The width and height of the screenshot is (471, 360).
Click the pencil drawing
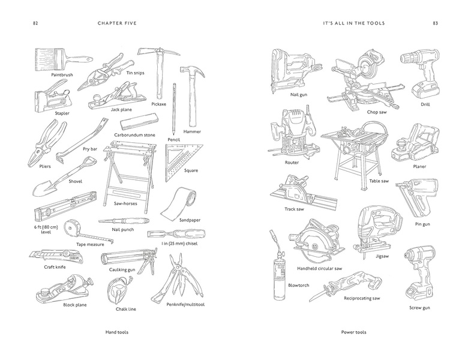pyautogui.click(x=173, y=108)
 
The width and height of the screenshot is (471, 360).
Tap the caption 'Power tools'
pyautogui.click(x=353, y=332)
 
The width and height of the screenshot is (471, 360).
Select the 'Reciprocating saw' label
pyautogui.click(x=362, y=298)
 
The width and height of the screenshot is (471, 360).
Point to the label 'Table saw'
pyautogui.click(x=379, y=180)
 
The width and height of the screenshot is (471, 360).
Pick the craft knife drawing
pyautogui.click(x=55, y=257)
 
